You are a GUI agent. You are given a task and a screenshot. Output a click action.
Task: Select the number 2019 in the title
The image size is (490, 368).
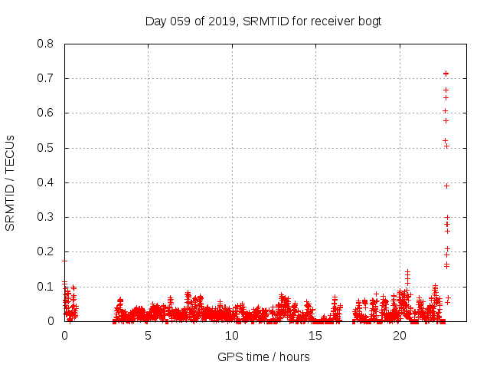pos(219,21)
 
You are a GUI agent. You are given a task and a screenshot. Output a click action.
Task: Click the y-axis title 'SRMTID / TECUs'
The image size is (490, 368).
pos(10,182)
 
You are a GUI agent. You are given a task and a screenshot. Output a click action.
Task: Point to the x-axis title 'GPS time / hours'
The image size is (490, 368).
pos(263,356)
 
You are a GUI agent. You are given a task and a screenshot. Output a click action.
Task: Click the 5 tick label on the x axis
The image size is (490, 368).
pos(149,336)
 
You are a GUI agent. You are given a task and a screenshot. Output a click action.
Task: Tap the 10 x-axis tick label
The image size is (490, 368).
pos(232,336)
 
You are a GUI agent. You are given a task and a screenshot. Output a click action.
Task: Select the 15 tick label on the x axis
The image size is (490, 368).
pos(315,336)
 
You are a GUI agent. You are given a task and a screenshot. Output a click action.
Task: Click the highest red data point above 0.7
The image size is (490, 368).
pos(446,73)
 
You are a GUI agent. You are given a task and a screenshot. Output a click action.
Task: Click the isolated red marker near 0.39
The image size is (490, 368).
pos(446,186)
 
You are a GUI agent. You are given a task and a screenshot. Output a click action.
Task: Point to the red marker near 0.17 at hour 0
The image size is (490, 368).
pos(65,261)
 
